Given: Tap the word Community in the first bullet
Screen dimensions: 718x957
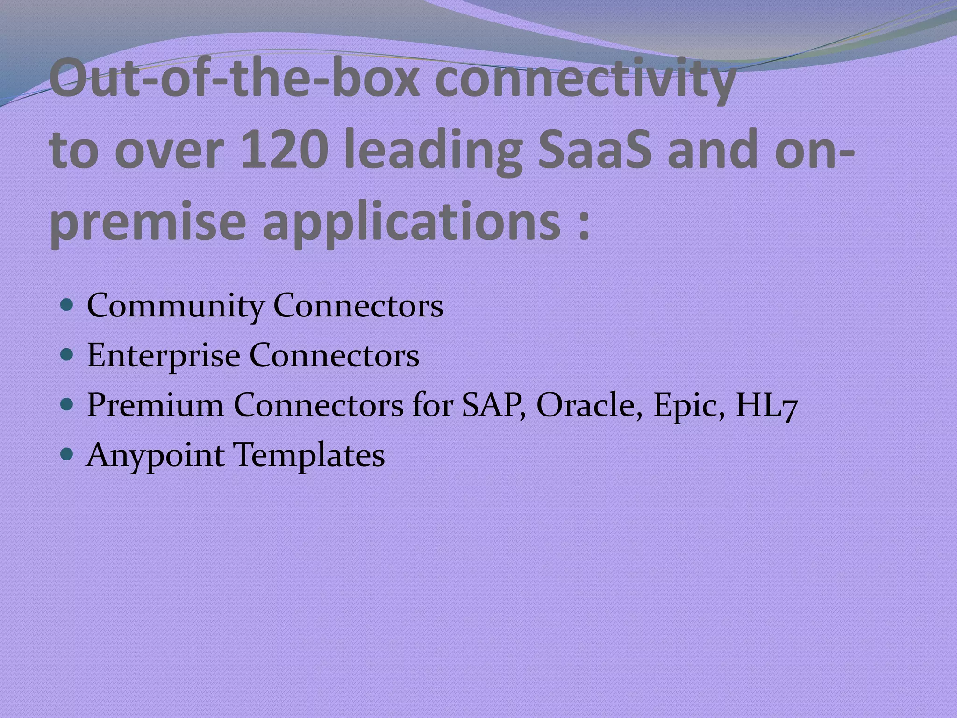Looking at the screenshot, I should coord(175,307).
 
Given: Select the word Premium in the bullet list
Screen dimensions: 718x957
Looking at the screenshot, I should coord(155,405).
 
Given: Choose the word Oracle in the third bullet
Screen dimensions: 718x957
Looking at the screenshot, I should coord(589,405).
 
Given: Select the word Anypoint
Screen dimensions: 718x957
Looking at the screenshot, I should coord(155,456).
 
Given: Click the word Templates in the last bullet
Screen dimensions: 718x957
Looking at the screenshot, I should coord(309,455).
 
